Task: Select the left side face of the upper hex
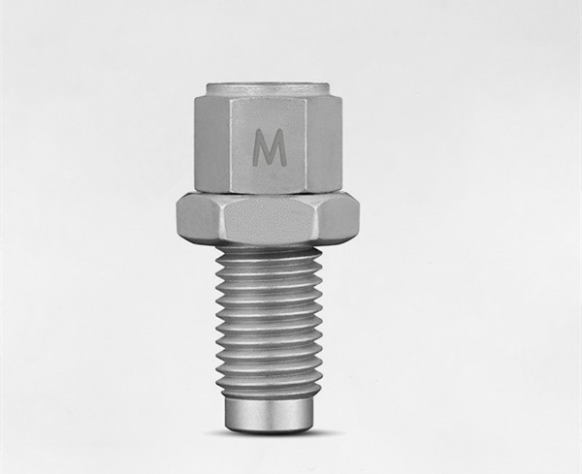[x=213, y=143]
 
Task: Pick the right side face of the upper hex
[x=325, y=143]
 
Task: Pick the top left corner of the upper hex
[x=207, y=97]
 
